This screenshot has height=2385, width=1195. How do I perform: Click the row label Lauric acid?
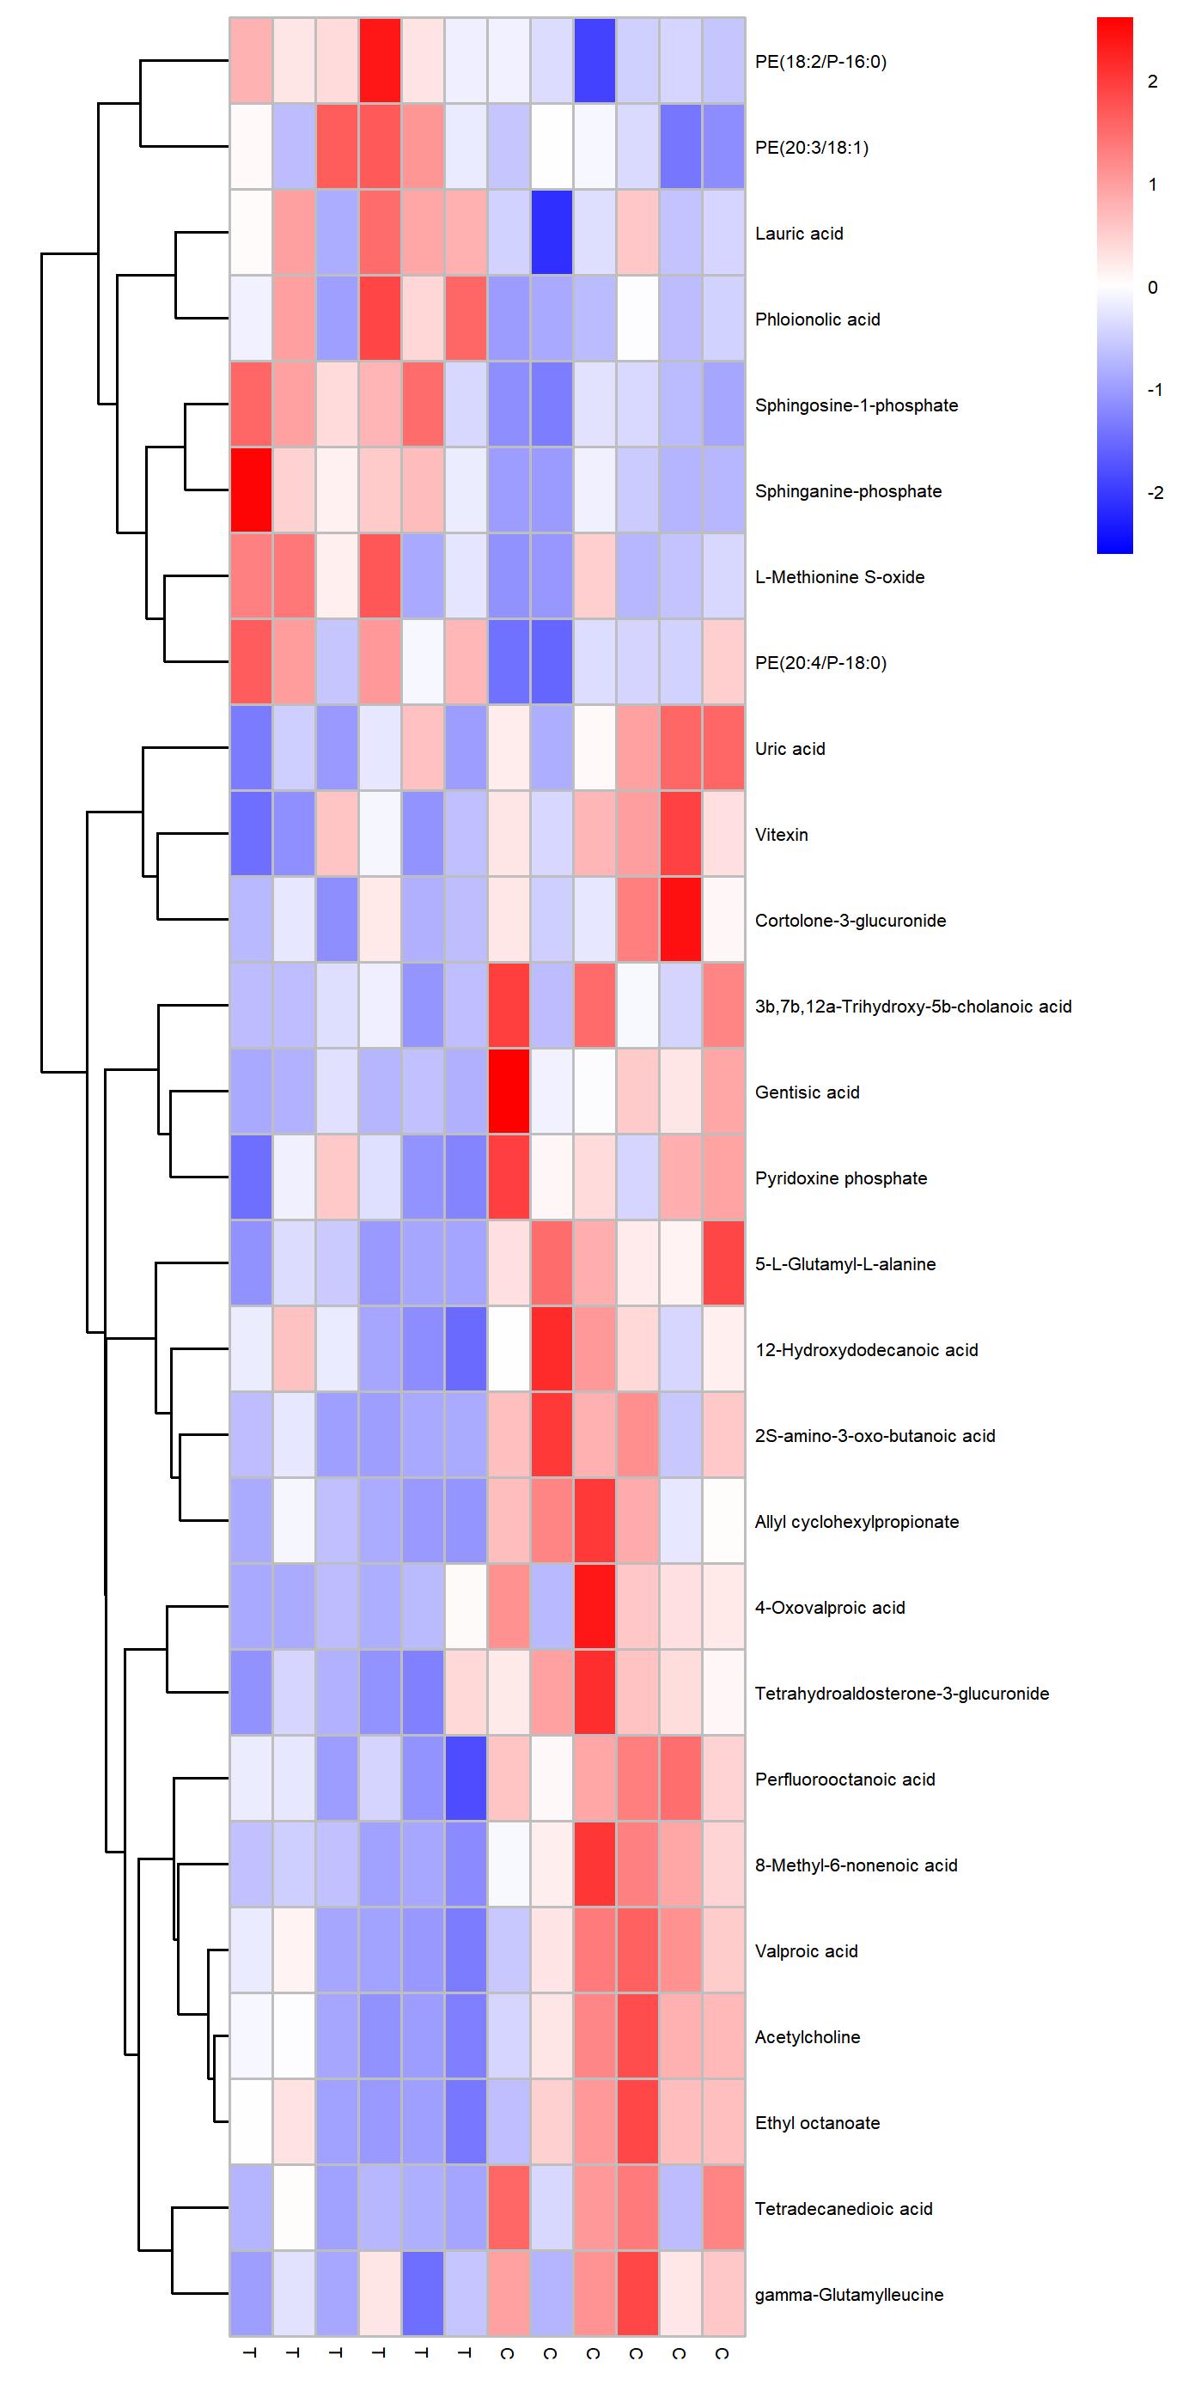click(798, 234)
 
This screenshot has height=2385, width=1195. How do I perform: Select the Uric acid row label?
click(790, 748)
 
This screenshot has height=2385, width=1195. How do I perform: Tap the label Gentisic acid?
click(807, 1092)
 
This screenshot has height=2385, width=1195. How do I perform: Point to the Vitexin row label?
click(781, 834)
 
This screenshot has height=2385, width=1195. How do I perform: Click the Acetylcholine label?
click(807, 2036)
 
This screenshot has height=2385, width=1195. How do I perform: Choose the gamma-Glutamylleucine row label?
click(849, 2294)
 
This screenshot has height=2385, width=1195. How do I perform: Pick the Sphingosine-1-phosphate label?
click(856, 405)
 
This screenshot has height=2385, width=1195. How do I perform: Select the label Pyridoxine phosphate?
click(840, 1177)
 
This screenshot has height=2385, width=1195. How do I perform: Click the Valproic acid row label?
click(806, 1950)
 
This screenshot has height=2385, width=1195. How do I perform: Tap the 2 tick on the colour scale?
click(1152, 82)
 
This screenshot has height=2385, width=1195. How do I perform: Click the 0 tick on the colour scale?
click(1152, 287)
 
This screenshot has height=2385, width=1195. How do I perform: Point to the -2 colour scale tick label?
click(1155, 493)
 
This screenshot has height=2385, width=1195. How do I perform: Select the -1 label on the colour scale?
click(1155, 390)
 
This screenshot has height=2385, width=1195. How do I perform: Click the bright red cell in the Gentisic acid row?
click(508, 1092)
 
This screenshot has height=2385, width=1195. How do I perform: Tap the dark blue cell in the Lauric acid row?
click(552, 234)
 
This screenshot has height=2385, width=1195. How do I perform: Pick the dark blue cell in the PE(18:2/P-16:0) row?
click(594, 61)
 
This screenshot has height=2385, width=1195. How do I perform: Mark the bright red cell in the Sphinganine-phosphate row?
click(251, 490)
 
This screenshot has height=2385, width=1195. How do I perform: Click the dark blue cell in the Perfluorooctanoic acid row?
click(465, 1779)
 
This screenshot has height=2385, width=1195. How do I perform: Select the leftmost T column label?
click(250, 2352)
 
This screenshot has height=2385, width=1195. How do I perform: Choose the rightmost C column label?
click(722, 2352)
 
